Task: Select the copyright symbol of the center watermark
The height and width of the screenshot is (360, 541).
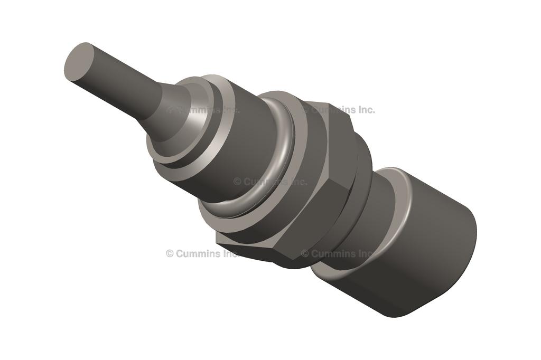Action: (x=237, y=182)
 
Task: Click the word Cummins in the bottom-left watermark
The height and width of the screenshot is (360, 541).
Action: (x=199, y=253)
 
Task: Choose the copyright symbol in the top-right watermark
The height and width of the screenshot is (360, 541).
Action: (x=305, y=110)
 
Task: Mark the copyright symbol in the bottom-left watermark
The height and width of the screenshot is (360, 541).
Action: (x=170, y=253)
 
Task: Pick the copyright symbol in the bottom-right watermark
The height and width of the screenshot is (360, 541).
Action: (x=305, y=253)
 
